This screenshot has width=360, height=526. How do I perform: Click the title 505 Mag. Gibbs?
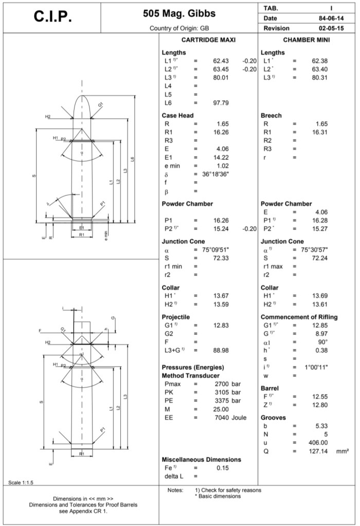tap(178, 13)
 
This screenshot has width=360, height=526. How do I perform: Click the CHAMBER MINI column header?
tap(307, 40)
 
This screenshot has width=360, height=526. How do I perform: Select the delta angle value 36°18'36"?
tap(215, 174)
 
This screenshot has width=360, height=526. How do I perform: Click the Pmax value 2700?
tap(221, 384)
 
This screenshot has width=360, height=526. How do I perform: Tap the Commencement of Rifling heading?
tap(299, 317)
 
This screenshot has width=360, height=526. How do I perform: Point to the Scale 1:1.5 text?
tap(21, 482)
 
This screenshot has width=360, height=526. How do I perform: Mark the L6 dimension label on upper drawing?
tap(133, 159)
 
